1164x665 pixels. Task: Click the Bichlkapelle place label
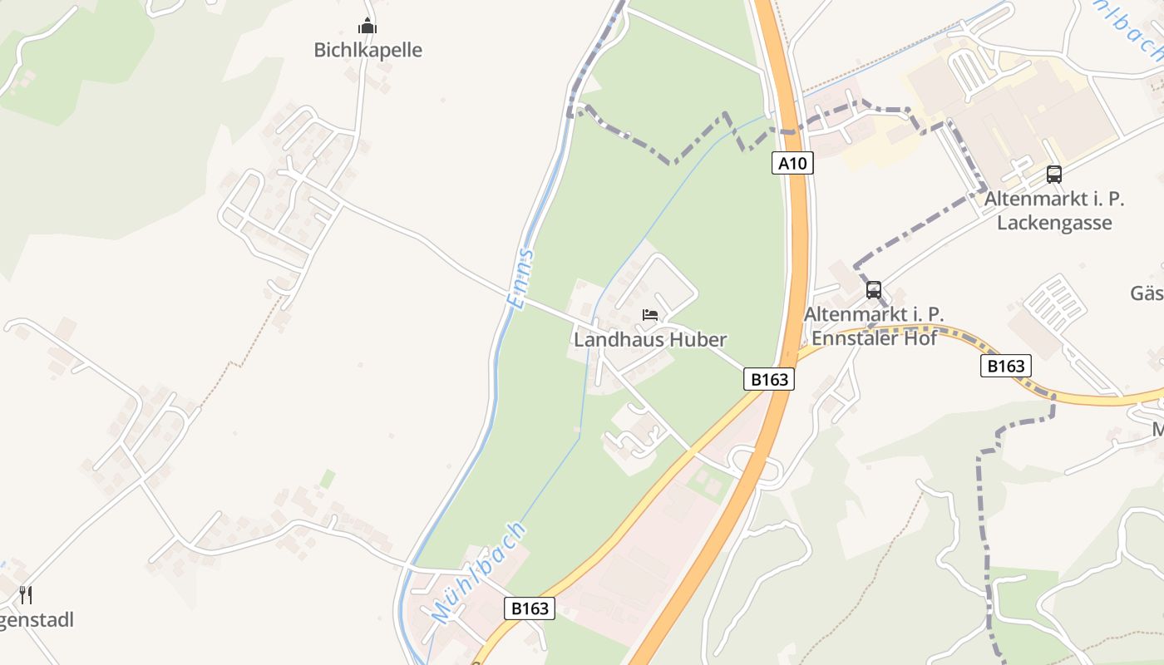pos(367,50)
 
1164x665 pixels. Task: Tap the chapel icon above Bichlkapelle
pos(367,27)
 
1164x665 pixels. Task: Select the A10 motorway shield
pos(792,163)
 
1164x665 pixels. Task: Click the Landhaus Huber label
pos(650,339)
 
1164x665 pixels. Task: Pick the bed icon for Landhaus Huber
pos(650,315)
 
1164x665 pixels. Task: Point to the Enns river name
pos(521,278)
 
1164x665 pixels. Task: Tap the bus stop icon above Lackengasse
pos(1054,175)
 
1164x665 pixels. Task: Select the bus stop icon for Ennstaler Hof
pos(873,290)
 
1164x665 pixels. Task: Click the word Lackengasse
pos(1054,223)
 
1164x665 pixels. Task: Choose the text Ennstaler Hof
pos(874,338)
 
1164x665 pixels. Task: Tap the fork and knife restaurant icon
pos(26,594)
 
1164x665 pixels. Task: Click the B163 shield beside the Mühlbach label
pos(530,608)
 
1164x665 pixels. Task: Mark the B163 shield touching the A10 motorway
pos(768,380)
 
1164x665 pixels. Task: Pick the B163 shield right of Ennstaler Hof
pos(1005,366)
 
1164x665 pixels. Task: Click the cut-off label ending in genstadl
pos(37,620)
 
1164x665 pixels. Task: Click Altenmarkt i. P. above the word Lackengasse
pos(1054,199)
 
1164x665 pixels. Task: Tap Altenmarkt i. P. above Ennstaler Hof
pos(874,314)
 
